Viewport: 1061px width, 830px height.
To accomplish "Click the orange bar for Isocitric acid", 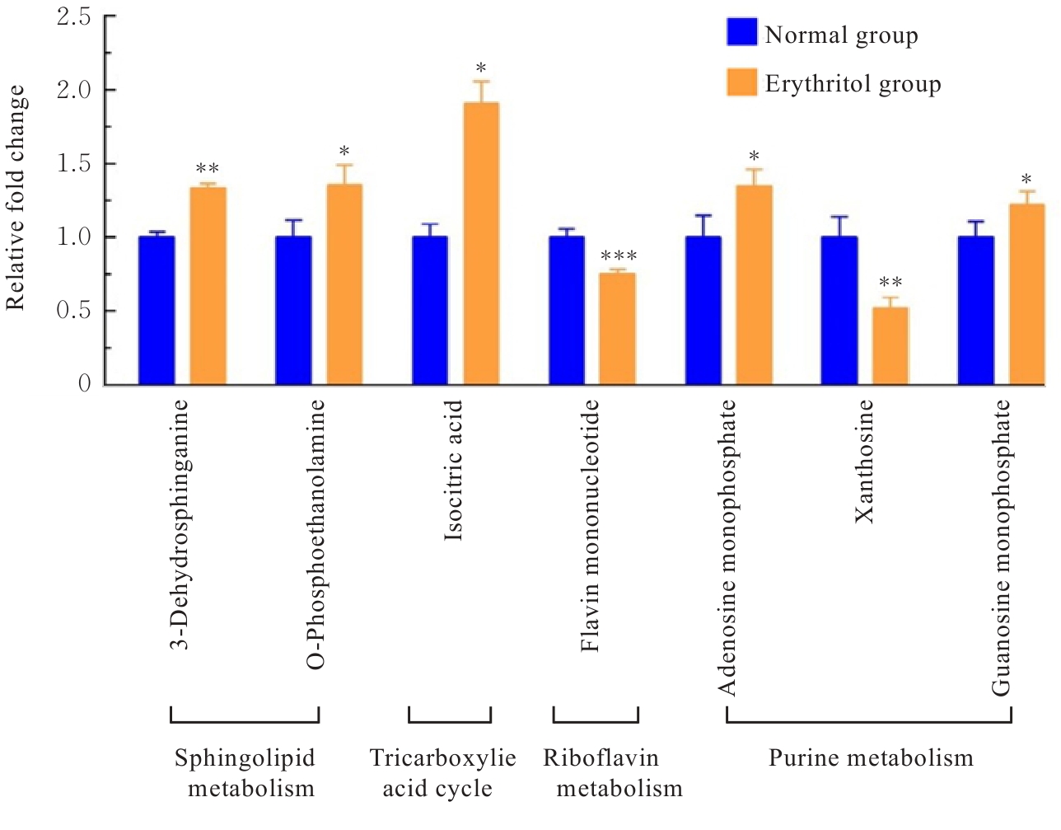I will (x=481, y=244).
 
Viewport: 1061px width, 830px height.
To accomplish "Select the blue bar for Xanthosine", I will (x=839, y=311).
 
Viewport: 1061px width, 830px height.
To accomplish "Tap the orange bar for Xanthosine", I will (x=890, y=346).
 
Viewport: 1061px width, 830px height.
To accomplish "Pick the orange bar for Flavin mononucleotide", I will (x=617, y=329).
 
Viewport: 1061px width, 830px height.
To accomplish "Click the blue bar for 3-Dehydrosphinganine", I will (x=157, y=311).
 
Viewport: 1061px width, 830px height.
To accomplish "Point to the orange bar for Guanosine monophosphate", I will (x=1026, y=294).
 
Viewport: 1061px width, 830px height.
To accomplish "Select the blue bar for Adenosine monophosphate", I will (x=703, y=311).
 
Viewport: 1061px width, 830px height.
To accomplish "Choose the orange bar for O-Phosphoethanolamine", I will (x=344, y=284).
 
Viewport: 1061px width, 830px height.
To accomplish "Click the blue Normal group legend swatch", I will (x=741, y=32).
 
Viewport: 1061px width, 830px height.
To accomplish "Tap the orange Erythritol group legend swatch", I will (x=741, y=82).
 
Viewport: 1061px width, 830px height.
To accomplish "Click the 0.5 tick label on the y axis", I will (x=74, y=311).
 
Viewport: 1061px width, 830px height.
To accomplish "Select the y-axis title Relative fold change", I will (x=16, y=198).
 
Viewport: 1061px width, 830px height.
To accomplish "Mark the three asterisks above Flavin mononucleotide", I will (x=619, y=257).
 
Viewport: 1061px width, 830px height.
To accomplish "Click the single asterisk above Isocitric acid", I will (x=481, y=68).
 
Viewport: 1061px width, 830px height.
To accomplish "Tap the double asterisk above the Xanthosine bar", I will (x=890, y=284).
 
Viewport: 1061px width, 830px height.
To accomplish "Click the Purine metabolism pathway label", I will (x=871, y=757).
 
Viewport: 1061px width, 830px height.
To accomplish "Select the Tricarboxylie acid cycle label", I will (x=442, y=772).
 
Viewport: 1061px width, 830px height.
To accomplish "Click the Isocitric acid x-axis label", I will (x=454, y=471).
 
